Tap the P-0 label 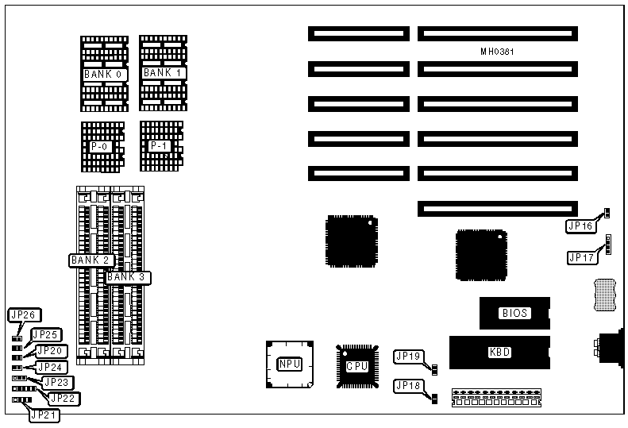pyautogui.click(x=101, y=147)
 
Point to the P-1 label pyautogui.click(x=159, y=145)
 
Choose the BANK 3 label pyautogui.click(x=128, y=277)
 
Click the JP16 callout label pyautogui.click(x=580, y=226)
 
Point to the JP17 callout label pyautogui.click(x=582, y=257)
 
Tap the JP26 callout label pyautogui.click(x=24, y=315)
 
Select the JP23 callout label pyautogui.click(x=57, y=382)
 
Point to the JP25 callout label pyautogui.click(x=45, y=334)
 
